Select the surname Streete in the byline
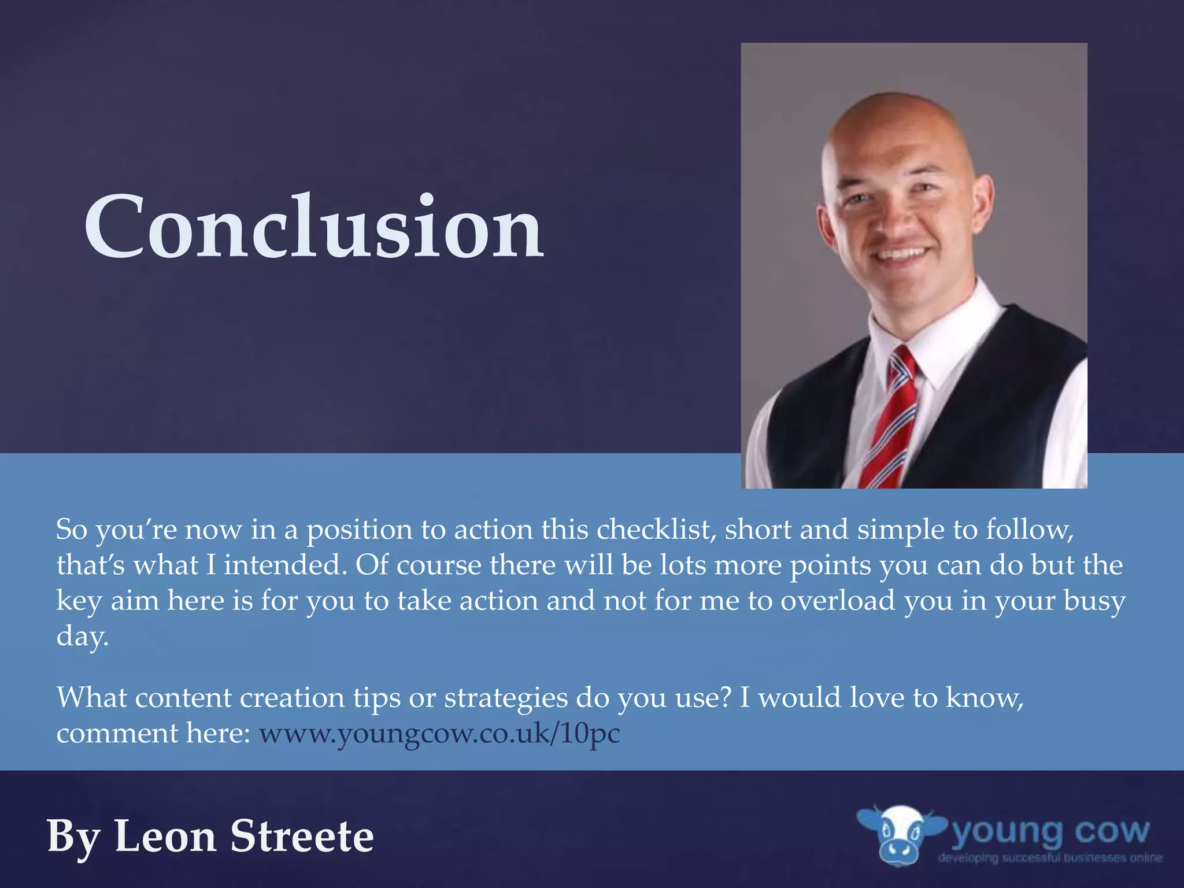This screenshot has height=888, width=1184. tap(302, 837)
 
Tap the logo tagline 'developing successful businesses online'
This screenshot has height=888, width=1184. tap(1050, 858)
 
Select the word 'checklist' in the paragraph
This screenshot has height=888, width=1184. tap(656, 530)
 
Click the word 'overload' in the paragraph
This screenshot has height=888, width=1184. tap(838, 601)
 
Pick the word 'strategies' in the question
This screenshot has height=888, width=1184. tap(506, 698)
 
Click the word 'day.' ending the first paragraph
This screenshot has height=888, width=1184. tap(82, 637)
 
